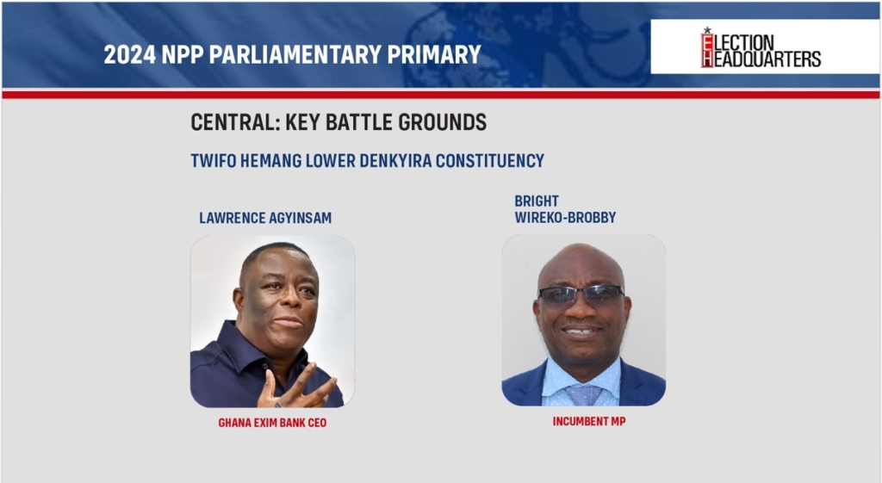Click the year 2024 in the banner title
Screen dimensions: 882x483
pos(129,54)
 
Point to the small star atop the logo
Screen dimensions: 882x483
pos(707,30)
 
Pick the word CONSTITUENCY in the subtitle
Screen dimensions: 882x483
pos(490,161)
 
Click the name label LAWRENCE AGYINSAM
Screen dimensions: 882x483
pos(265,218)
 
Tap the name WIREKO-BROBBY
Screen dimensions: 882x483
pos(565,217)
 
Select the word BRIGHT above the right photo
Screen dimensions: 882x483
pos(537,201)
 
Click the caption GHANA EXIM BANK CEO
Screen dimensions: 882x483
pos(272,422)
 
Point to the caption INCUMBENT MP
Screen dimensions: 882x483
pos(589,421)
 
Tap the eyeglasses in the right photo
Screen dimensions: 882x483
pos(581,294)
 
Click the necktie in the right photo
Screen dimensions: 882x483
pos(583,394)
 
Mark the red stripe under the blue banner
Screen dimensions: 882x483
pos(441,94)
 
